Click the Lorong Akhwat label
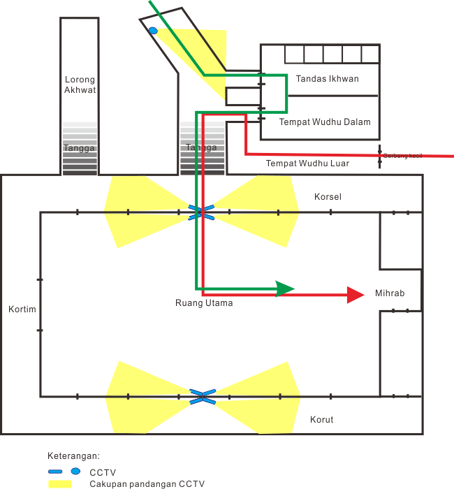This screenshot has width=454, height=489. coord(79,84)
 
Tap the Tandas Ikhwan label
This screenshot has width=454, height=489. coord(327,78)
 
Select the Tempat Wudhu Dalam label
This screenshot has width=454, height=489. coord(325,122)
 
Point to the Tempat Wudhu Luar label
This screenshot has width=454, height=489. coord(307,163)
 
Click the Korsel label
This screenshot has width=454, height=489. coord(328,196)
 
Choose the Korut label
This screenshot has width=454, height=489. coord(321,419)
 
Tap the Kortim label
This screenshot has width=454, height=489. coord(22,309)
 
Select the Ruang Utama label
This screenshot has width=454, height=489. coord(204,303)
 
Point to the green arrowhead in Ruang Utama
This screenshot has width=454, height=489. coord(286,289)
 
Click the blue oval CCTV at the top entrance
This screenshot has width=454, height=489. coord(152,30)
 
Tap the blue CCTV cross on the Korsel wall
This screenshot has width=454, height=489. coord(199,211)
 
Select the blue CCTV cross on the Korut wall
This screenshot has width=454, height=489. coord(200,397)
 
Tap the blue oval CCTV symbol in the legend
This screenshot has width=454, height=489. coord(75,472)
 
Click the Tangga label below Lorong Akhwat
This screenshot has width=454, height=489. coord(79,148)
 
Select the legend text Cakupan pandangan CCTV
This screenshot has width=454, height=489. coord(147,483)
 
